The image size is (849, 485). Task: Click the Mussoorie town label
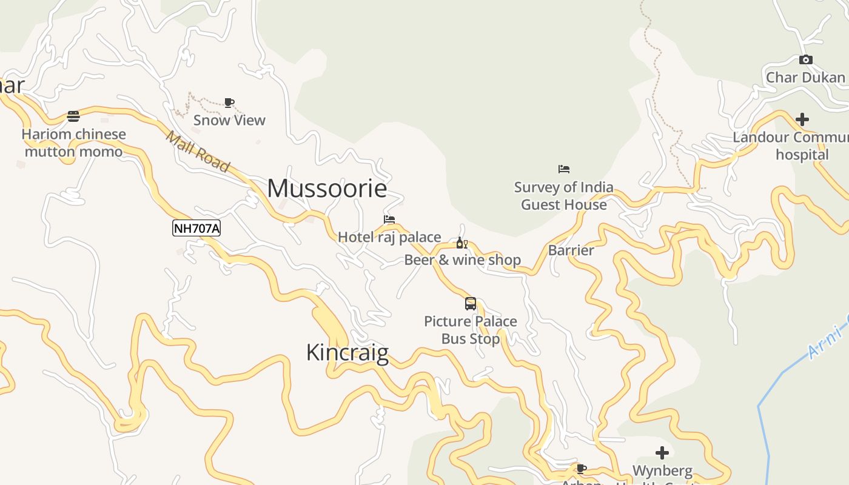click(327, 189)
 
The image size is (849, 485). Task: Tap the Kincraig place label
click(347, 352)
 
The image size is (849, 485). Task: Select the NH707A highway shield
click(196, 228)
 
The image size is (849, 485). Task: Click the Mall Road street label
click(198, 152)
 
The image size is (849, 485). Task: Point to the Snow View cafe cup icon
click(229, 103)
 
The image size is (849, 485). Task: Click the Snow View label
click(229, 120)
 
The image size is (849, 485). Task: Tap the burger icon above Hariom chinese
click(73, 116)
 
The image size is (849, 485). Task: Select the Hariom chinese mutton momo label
click(73, 143)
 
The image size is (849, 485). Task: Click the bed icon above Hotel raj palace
click(389, 219)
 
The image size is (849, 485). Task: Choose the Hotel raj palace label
click(389, 237)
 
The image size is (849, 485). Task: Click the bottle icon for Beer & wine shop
click(461, 243)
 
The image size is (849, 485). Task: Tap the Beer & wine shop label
click(462, 260)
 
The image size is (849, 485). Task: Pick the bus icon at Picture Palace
click(471, 304)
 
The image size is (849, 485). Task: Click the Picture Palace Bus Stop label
click(471, 330)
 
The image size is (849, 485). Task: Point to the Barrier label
click(571, 250)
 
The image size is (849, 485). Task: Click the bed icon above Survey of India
click(564, 169)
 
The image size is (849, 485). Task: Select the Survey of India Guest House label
click(564, 196)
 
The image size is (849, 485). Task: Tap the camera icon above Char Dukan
click(805, 59)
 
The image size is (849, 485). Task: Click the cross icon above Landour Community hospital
click(802, 119)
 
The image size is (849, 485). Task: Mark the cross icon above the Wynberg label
click(662, 453)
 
